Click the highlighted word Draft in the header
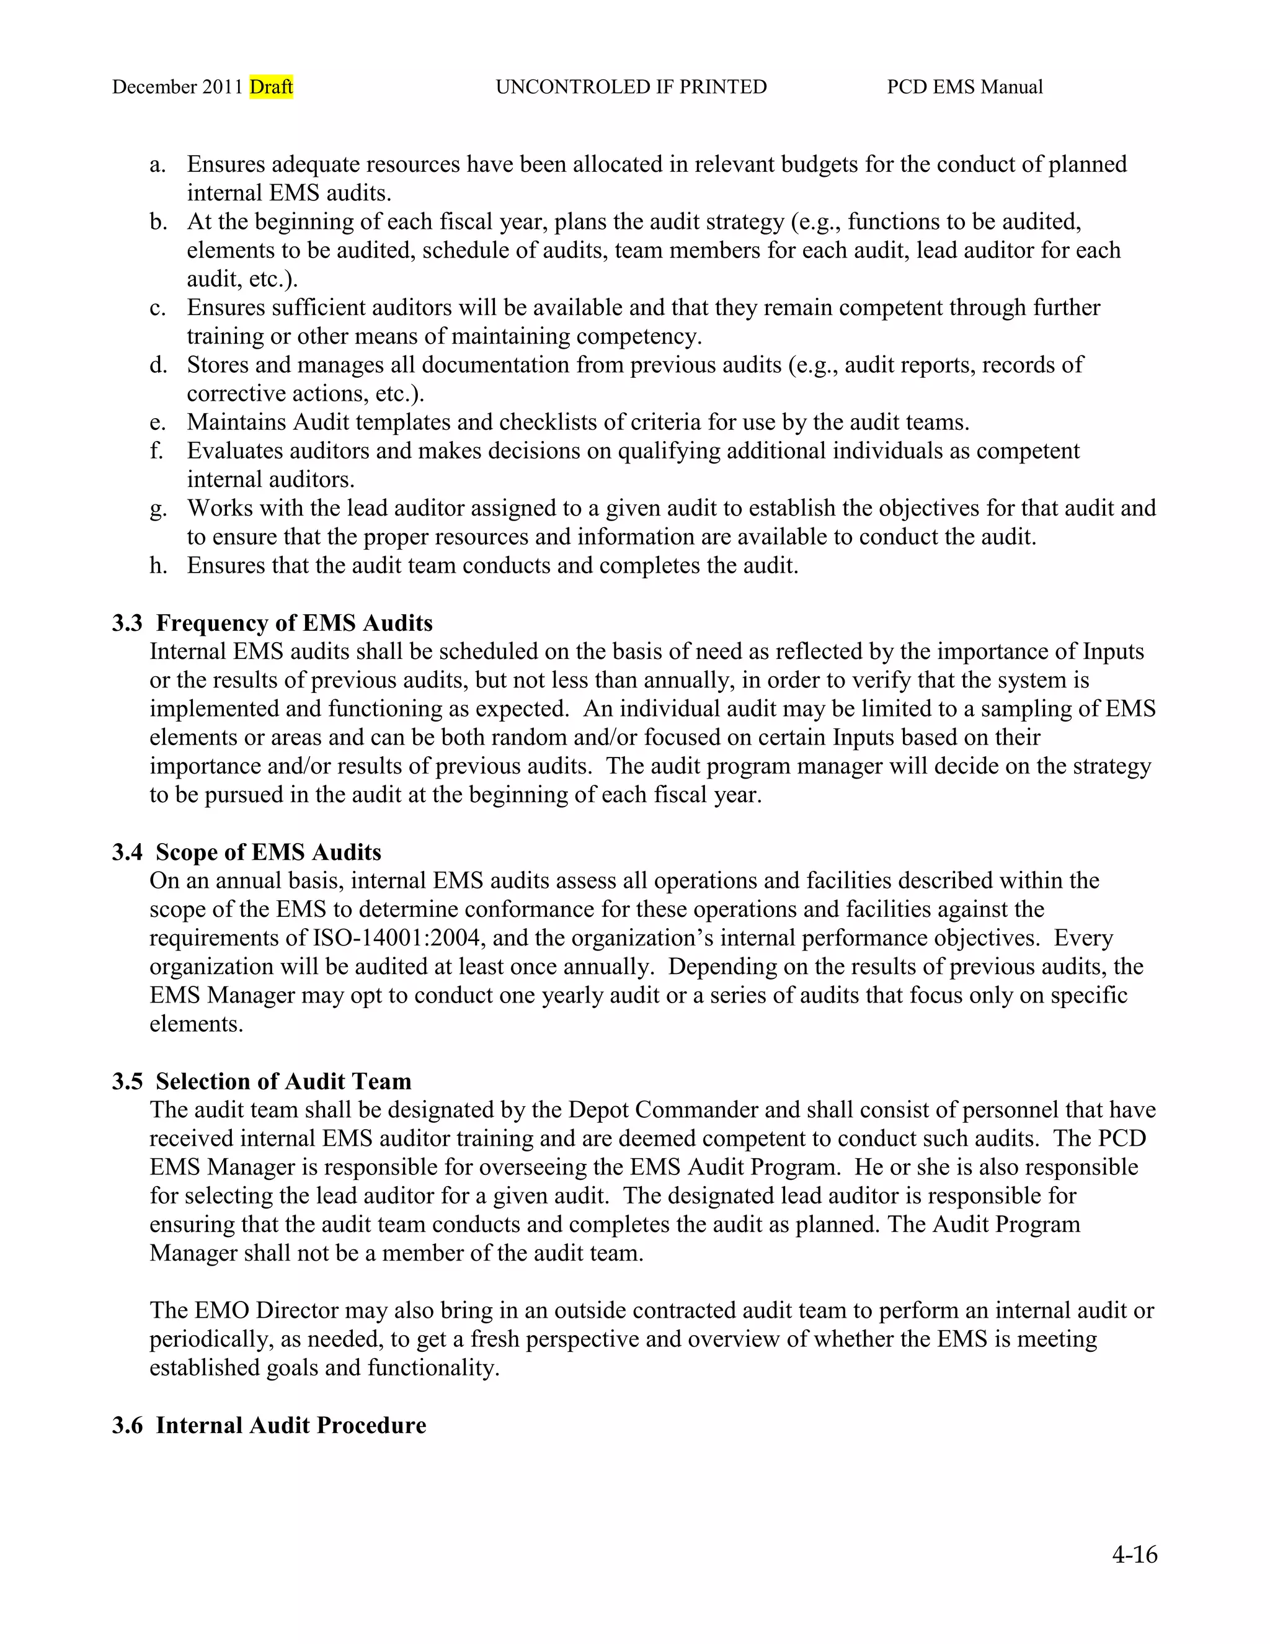coord(271,87)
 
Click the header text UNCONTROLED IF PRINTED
coord(631,87)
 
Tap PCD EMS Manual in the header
coord(964,87)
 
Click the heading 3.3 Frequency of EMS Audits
coord(272,623)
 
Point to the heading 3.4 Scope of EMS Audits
coord(247,852)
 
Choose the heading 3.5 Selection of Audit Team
coord(262,1082)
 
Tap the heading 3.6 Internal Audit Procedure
coord(269,1426)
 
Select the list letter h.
coord(158,566)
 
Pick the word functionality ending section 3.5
coord(433,1369)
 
